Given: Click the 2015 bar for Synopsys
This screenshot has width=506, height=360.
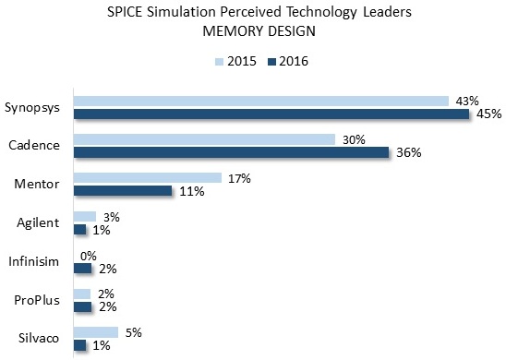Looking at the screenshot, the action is pos(261,101).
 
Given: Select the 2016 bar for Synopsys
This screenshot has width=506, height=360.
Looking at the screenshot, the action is pos(271,114).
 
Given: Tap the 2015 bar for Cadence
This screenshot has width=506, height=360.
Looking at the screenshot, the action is pos(204,139).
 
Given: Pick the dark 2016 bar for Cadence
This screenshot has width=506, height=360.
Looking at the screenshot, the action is pos(232,152).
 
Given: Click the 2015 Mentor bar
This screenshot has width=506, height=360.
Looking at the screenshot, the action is pos(148,178).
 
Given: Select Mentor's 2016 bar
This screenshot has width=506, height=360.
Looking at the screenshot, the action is pos(123,191).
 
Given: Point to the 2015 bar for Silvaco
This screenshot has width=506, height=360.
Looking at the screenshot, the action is pos(96,332).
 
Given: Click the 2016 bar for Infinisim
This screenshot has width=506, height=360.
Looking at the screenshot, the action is pos(82,269).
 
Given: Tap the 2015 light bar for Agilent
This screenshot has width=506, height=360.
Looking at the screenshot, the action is pos(85,216).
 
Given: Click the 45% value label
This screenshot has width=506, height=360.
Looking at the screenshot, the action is pos(488,114).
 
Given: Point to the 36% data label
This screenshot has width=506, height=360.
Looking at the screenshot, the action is pos(408,152).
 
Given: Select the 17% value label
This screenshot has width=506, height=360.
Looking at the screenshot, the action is pos(239,178).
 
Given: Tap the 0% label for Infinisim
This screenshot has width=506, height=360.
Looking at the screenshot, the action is pos(89,256).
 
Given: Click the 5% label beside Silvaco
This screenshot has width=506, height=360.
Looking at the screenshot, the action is pos(133,332).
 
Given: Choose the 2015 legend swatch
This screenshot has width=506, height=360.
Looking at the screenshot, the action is pos(219,62).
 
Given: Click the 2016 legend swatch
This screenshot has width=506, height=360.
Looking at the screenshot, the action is pos(271,62).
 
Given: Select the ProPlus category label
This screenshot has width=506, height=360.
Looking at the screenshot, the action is pos(37,300).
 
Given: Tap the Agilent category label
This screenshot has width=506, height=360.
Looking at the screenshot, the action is pos(38,222).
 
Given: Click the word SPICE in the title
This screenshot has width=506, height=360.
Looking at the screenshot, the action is pos(125,12).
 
